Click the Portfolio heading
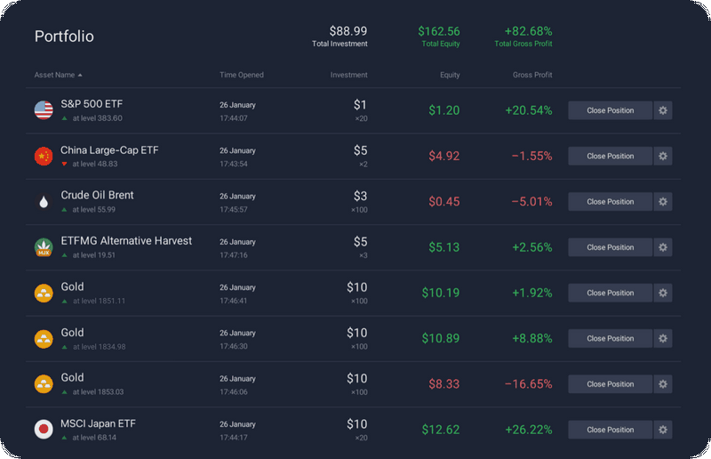(x=64, y=36)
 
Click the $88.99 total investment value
(x=348, y=31)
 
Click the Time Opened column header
(x=242, y=75)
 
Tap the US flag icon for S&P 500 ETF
(x=44, y=110)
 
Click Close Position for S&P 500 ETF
(x=610, y=110)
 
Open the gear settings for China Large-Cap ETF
(x=663, y=157)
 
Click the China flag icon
(x=44, y=157)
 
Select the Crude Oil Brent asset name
(x=97, y=195)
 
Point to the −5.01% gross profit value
(x=531, y=202)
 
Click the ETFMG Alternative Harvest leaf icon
(x=44, y=247)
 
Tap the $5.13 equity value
(x=443, y=247)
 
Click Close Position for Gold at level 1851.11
(x=610, y=293)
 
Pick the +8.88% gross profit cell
(x=531, y=339)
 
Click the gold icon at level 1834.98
(x=44, y=339)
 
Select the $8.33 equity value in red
(x=443, y=384)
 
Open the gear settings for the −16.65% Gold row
(x=663, y=384)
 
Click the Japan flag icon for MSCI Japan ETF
(x=44, y=430)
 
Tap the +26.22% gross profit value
(x=528, y=430)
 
